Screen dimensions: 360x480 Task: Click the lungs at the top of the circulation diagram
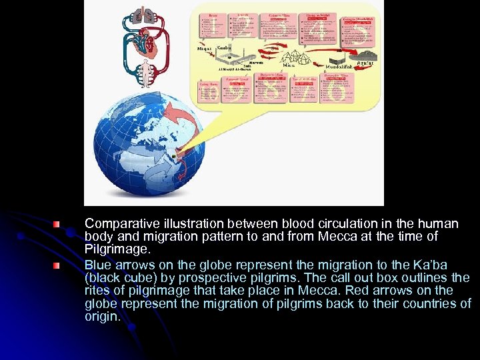coord(144,14)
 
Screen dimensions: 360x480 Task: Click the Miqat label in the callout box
coord(205,48)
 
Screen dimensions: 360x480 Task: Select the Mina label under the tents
coord(288,65)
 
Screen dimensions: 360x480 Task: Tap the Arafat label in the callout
coord(365,63)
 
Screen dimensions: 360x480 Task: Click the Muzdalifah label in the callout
coord(340,67)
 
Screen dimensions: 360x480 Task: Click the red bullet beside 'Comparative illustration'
coord(59,225)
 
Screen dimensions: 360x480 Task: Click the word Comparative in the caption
coord(118,224)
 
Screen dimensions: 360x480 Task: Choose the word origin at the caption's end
coord(101,317)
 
